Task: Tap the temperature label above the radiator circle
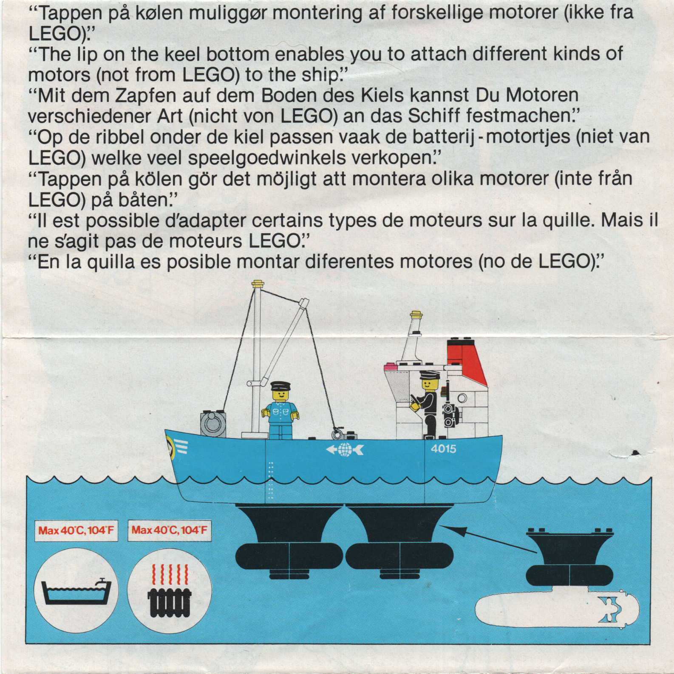point(170,530)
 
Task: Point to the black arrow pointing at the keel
point(486,539)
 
